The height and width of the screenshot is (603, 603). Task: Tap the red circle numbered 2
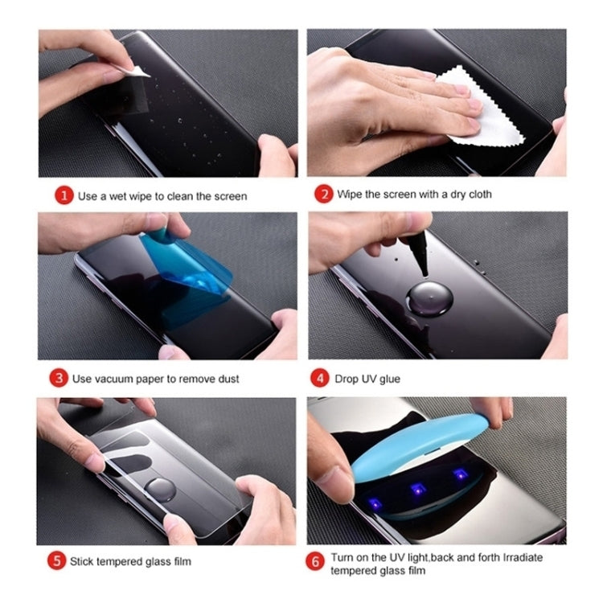tap(323, 194)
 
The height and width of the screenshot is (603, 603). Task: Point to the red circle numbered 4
tap(323, 377)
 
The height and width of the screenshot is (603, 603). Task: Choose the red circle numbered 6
tap(315, 562)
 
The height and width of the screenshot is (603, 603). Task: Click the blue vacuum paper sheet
tap(193, 265)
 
